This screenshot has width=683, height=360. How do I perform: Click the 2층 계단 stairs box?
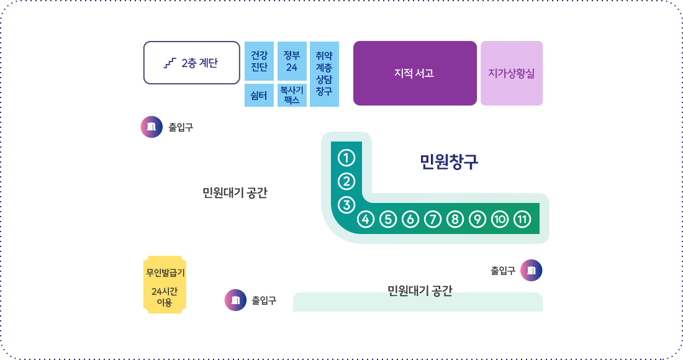tap(192, 63)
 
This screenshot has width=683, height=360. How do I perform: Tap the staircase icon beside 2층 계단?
tap(170, 63)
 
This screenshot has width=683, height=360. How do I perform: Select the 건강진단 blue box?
tap(259, 61)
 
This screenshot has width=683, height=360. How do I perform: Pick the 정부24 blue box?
tap(292, 61)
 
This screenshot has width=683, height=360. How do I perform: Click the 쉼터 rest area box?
tap(259, 96)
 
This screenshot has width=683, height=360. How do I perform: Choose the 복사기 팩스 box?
tap(292, 96)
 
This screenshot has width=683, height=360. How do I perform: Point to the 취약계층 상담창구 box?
tap(325, 74)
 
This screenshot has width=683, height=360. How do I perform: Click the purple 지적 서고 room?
tap(415, 73)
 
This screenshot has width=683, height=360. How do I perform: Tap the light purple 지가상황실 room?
tap(512, 73)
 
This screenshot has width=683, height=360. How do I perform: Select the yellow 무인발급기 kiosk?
tap(165, 285)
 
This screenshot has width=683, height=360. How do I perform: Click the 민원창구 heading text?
tap(449, 161)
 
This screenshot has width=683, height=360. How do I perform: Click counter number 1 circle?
tap(346, 158)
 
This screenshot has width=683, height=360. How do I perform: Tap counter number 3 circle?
tap(346, 205)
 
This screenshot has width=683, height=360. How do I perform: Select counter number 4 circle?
tap(366, 219)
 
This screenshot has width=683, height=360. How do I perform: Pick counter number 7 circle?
tap(433, 219)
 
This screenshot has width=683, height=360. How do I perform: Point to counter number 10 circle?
tap(500, 219)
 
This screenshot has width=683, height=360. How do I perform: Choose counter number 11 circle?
tap(522, 219)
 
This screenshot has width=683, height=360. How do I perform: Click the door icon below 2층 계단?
tap(152, 127)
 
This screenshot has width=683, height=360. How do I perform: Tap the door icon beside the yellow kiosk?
tap(236, 300)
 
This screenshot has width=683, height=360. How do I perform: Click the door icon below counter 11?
tap(531, 271)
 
